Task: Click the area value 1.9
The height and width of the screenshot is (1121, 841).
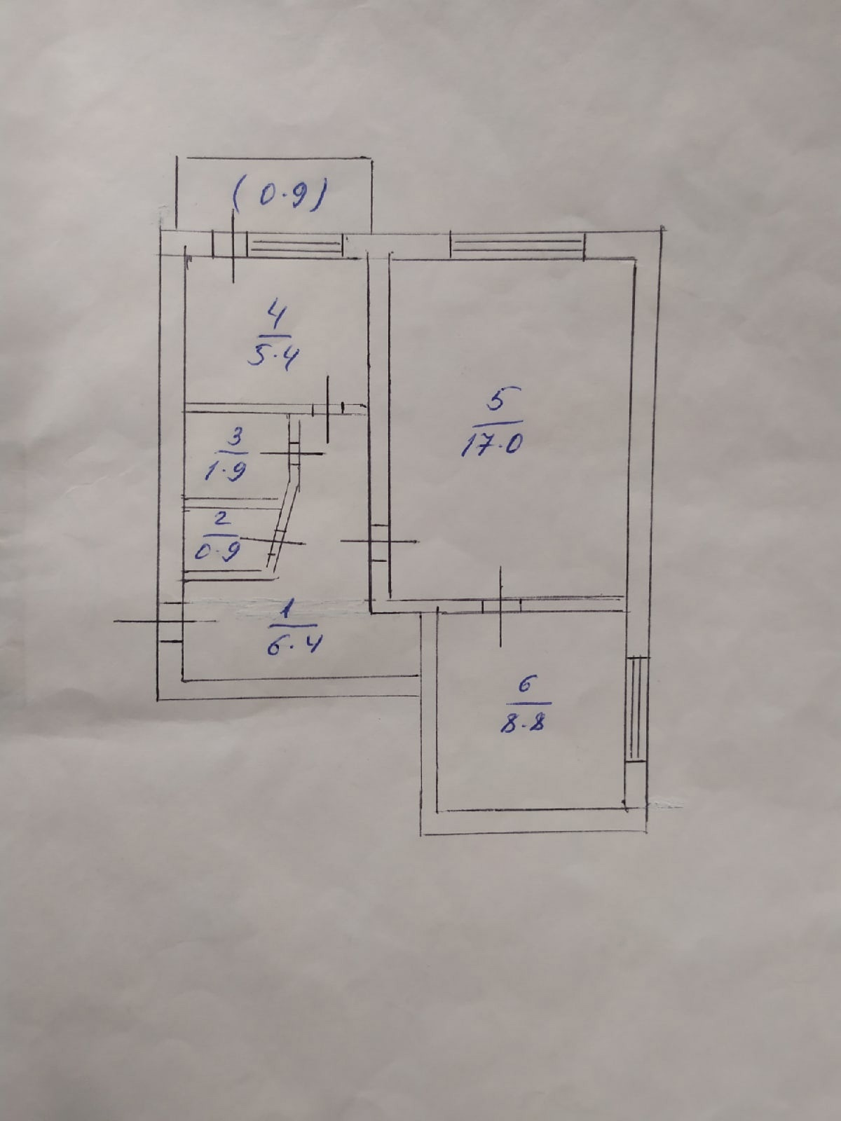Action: [x=224, y=472]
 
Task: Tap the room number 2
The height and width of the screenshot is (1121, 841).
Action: [x=221, y=519]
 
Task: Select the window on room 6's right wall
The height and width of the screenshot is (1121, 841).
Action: [x=636, y=708]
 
